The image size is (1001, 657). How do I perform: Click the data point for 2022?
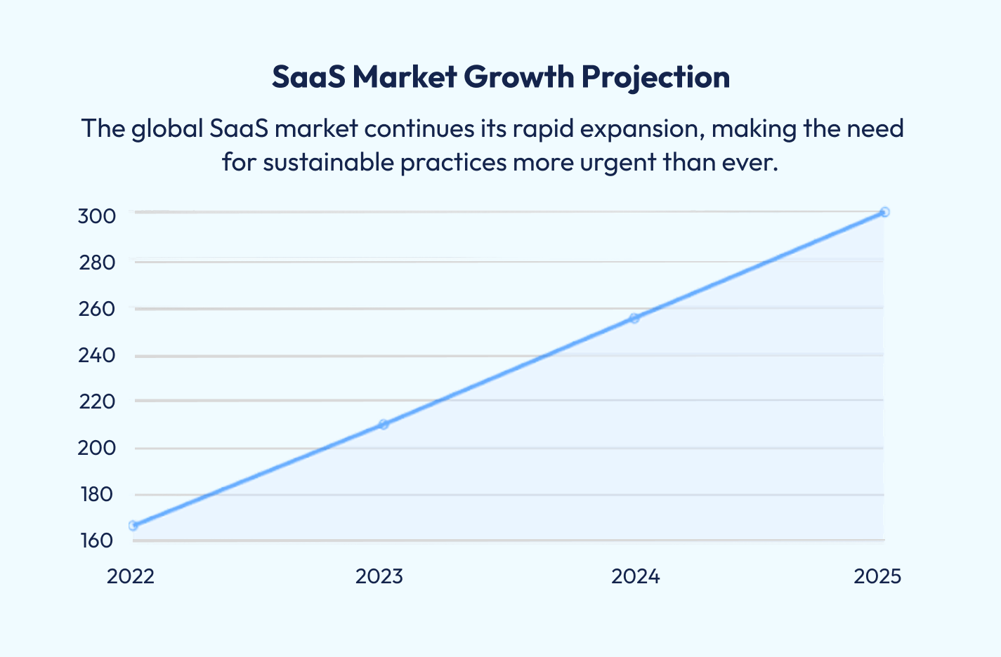pyautogui.click(x=133, y=525)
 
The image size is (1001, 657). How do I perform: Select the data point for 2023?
pyautogui.click(x=384, y=424)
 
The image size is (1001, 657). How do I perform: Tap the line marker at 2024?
pyautogui.click(x=634, y=318)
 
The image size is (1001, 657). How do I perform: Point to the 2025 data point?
pyautogui.click(x=884, y=212)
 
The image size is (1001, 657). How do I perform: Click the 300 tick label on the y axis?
pyautogui.click(x=96, y=215)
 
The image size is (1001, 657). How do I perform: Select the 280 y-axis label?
pyautogui.click(x=96, y=263)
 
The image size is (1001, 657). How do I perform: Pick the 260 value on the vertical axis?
pyautogui.click(x=96, y=309)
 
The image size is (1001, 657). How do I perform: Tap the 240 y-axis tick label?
pyautogui.click(x=96, y=355)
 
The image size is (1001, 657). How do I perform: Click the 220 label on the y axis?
pyautogui.click(x=96, y=401)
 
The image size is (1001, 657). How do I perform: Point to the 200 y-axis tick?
pyautogui.click(x=96, y=448)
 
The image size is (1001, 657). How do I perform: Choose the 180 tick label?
pyautogui.click(x=96, y=494)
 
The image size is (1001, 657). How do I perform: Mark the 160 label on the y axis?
pyautogui.click(x=96, y=540)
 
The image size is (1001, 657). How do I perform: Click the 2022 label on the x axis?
pyautogui.click(x=131, y=576)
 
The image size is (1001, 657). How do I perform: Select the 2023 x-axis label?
pyautogui.click(x=379, y=576)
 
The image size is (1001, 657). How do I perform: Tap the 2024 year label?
pyautogui.click(x=636, y=576)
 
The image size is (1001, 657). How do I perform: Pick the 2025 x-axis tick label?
pyautogui.click(x=877, y=576)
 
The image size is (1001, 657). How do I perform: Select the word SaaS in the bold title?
pyautogui.click(x=308, y=77)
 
